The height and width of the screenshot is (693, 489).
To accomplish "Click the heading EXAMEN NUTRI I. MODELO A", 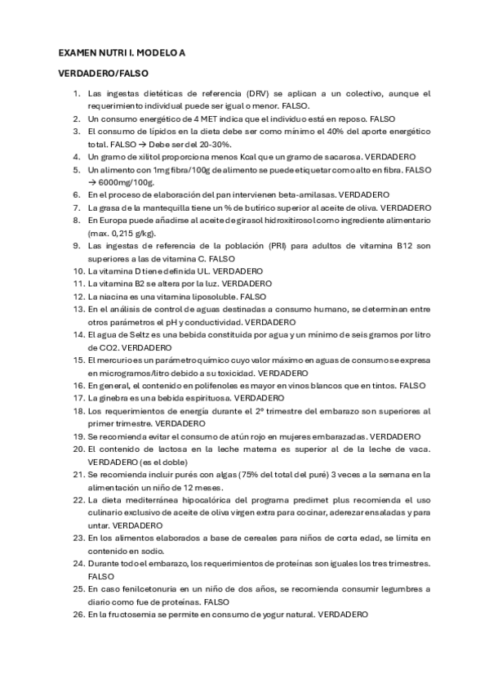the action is [122, 52].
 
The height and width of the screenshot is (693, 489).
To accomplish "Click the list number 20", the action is [78, 449].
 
